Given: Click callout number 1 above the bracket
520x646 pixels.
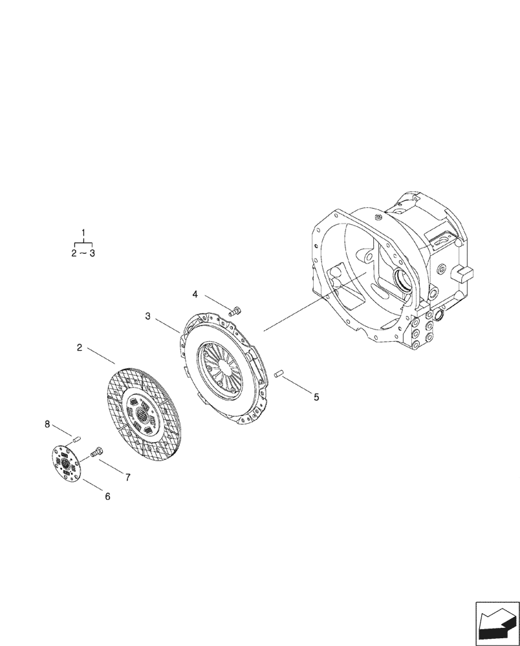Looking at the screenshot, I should pos(83,232).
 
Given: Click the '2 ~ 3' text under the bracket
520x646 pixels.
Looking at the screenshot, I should pos(83,253).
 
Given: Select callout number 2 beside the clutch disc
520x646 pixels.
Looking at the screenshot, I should pos(79,348).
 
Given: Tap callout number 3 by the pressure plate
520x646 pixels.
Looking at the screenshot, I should pos(148,316).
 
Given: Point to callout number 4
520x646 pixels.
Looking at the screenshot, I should pos(195,294).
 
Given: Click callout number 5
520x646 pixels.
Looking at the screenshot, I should pos(316,397).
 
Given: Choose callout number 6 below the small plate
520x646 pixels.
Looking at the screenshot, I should pos(107,496).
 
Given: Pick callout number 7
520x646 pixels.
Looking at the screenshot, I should pos(127,477).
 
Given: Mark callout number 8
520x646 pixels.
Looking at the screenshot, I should pos(47,424).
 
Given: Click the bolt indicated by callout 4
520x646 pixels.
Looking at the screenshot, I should pos(235,311).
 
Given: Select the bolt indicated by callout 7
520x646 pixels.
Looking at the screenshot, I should pos(98,452).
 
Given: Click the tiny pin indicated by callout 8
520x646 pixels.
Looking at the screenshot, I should pos(76,439).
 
